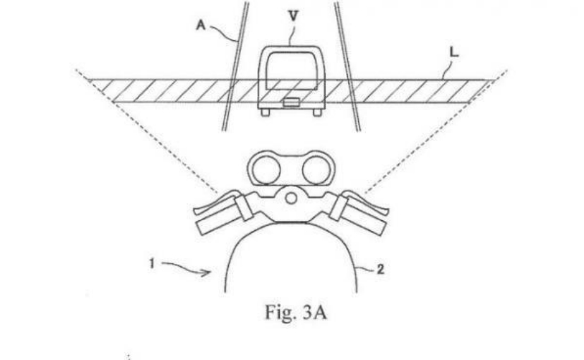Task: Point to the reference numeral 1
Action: [x=153, y=262]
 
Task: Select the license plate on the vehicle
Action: [x=290, y=103]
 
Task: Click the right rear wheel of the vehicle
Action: [x=316, y=112]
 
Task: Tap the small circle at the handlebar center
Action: [x=290, y=198]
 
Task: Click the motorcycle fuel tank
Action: [x=291, y=261]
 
